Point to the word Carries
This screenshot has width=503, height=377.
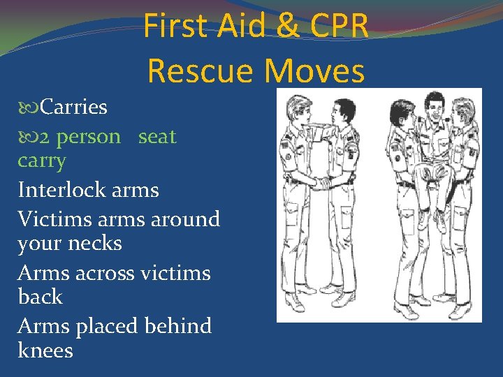(73, 107)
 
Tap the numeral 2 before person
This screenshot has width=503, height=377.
(45, 137)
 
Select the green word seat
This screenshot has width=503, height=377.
(157, 136)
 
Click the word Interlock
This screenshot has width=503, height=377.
(59, 189)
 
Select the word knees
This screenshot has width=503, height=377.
(45, 350)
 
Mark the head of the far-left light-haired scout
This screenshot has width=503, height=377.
(297, 105)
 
